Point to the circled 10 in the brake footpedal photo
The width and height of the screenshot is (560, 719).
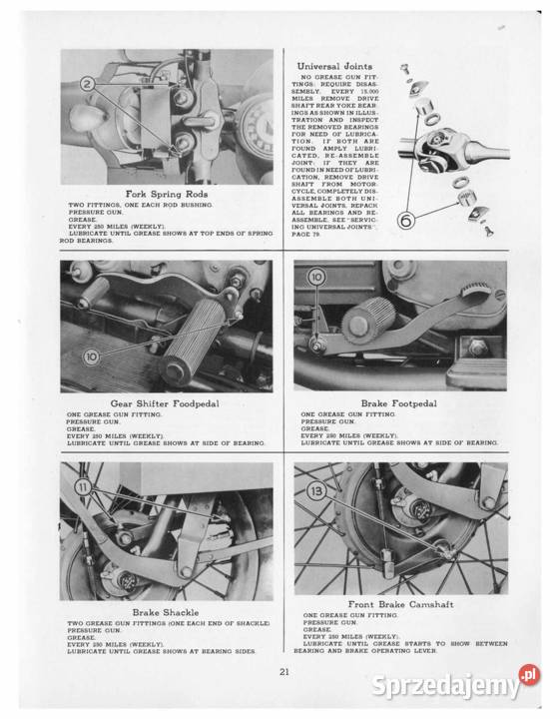click(316, 276)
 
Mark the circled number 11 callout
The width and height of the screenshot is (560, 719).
click(83, 485)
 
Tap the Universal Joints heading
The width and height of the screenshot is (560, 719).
click(334, 66)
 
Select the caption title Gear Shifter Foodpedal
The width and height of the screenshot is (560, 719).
click(166, 403)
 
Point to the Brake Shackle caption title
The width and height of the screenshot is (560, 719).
click(166, 611)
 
